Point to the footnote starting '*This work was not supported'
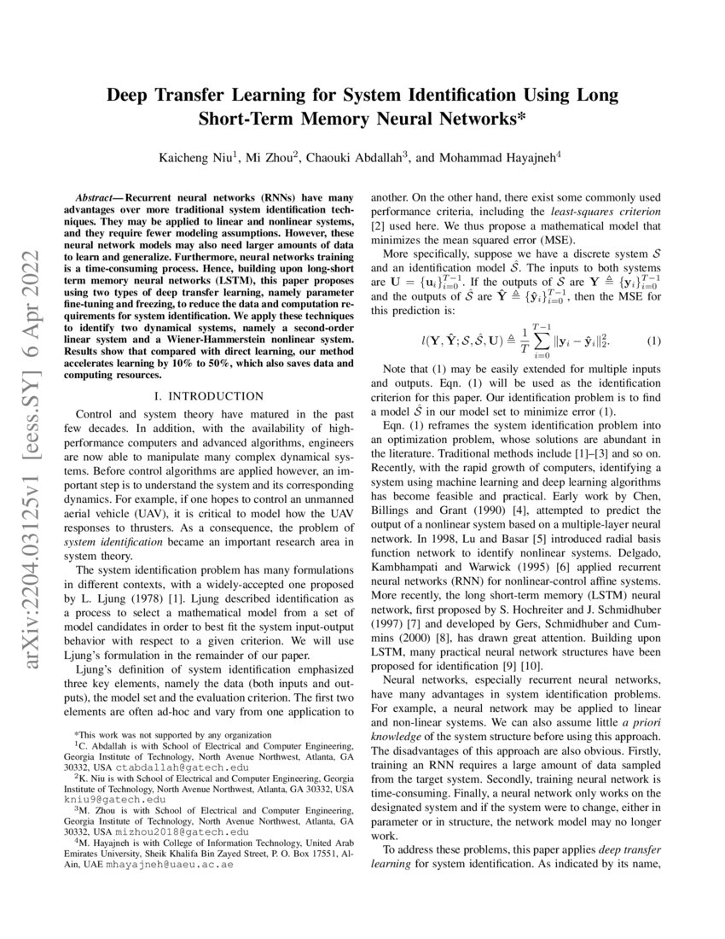tap(173, 733)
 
